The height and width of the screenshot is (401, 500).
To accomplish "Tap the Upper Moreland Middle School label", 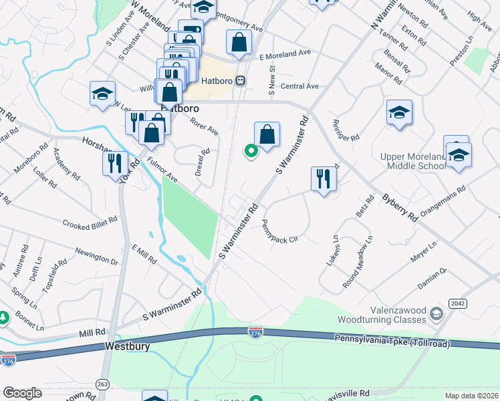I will tap(412, 161).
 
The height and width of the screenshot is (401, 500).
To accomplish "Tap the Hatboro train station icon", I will tap(239, 80).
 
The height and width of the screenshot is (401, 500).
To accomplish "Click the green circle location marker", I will tap(251, 151).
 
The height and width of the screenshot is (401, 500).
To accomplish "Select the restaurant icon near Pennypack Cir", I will tap(322, 179).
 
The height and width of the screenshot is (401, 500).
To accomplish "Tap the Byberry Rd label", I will tap(400, 208).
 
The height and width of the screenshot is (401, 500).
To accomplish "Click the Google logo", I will tap(23, 392).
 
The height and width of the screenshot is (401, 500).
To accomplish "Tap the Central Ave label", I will tap(299, 86).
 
